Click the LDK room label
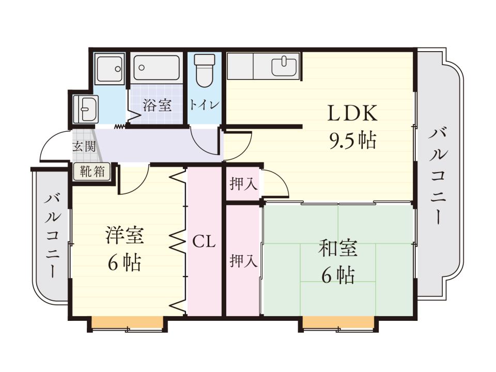(353, 113)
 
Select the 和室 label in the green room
(338, 249)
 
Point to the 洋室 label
(125, 236)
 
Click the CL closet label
(204, 242)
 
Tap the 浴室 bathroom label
(157, 105)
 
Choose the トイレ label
(204, 105)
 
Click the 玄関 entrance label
(84, 146)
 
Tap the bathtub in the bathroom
(157, 68)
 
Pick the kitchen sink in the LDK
(284, 66)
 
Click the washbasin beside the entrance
(85, 109)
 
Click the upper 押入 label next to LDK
(243, 184)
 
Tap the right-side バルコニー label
(439, 176)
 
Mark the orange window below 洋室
(128, 322)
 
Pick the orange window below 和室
(338, 322)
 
